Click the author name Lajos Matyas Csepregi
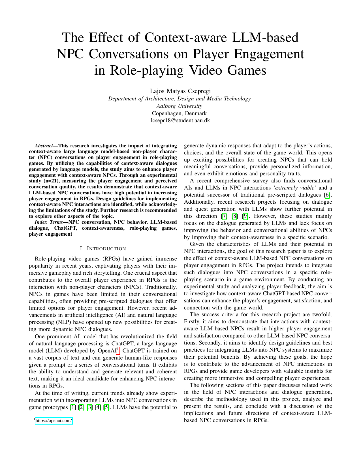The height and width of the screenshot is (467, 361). [180, 91]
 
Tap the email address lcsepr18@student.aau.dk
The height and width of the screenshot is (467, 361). [180, 120]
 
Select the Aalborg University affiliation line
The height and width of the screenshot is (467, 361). [180, 106]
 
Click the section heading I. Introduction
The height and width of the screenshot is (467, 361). [103, 249]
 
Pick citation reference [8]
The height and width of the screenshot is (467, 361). [235, 216]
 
